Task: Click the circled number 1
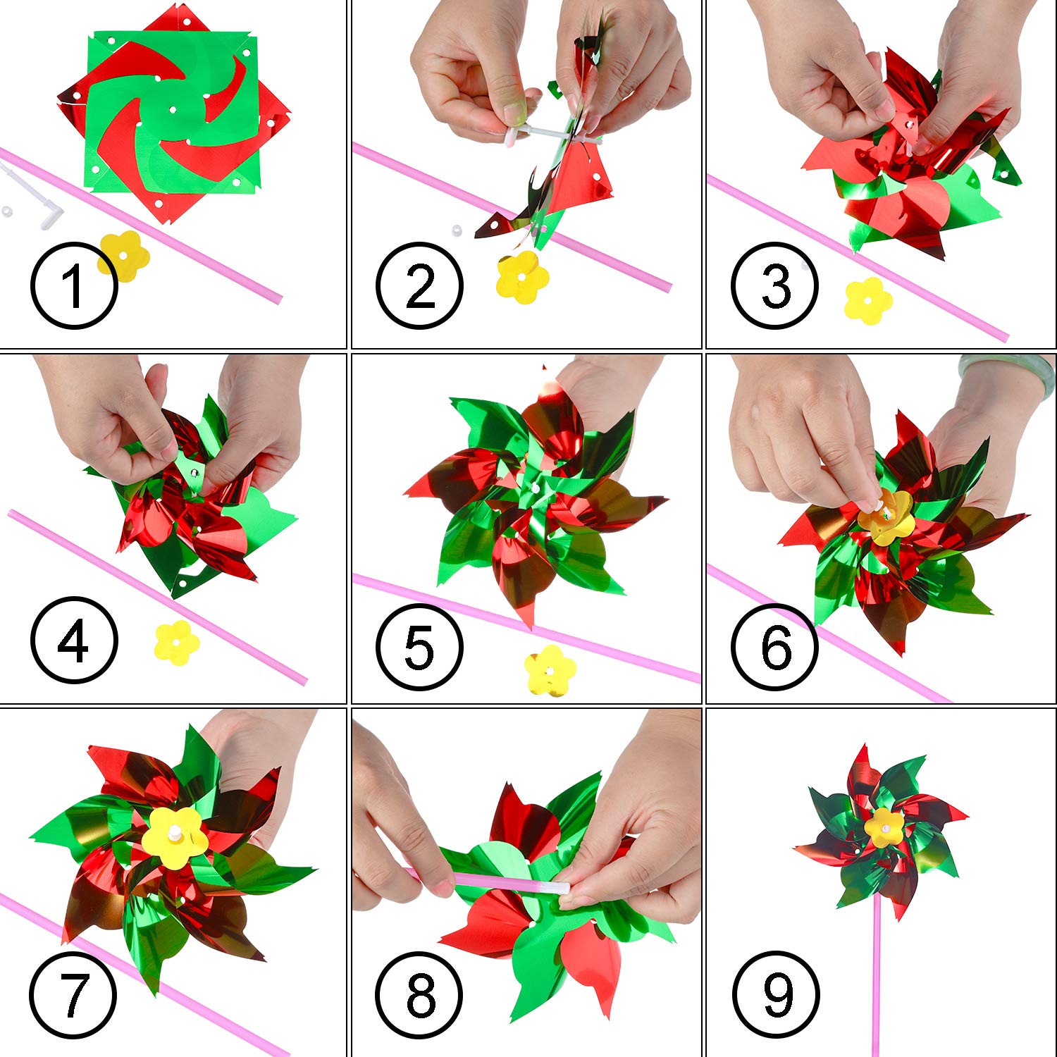tap(73, 285)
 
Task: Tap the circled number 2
tap(419, 285)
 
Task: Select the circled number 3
tap(774, 285)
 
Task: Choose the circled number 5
tap(419, 645)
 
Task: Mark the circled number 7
tap(73, 994)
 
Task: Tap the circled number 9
tap(776, 994)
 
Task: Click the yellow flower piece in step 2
tap(521, 277)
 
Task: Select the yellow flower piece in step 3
tap(868, 300)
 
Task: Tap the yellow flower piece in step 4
tap(177, 642)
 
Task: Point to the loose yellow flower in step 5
tap(550, 669)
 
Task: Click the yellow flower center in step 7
tap(173, 836)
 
